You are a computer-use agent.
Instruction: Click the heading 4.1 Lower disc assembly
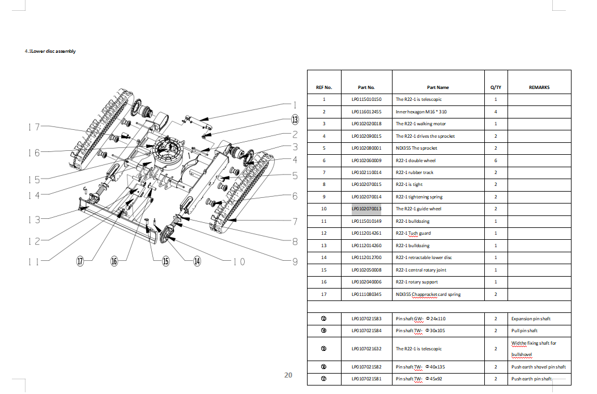[50, 52]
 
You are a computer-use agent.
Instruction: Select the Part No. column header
[366, 87]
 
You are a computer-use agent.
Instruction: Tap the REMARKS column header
[539, 87]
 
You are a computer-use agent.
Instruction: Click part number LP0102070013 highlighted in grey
[366, 209]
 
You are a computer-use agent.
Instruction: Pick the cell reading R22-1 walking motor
[420, 124]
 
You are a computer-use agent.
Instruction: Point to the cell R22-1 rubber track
[415, 172]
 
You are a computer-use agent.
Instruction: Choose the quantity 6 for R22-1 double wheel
[496, 160]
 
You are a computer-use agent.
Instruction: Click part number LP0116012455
[366, 112]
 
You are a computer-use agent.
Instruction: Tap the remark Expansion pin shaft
[531, 319]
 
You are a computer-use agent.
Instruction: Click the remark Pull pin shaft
[524, 331]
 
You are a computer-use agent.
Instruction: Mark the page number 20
[288, 375]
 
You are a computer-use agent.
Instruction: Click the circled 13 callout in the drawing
[295, 120]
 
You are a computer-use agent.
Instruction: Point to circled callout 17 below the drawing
[80, 261]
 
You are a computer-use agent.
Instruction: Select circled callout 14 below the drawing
[197, 261]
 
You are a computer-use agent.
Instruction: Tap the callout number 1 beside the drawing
[295, 104]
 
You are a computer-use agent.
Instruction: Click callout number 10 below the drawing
[239, 261]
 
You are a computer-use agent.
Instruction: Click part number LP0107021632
[366, 349]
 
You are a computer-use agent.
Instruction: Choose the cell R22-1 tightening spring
[419, 197]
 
